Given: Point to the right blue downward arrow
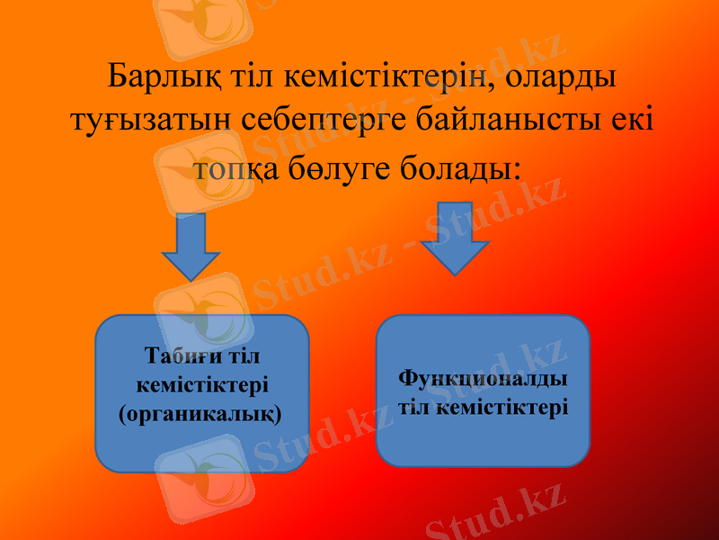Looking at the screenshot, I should coord(455,237).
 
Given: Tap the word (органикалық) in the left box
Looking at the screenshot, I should coord(200,415).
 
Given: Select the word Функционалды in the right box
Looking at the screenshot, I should coord(482,377).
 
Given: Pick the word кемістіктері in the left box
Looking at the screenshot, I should coord(201,385).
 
